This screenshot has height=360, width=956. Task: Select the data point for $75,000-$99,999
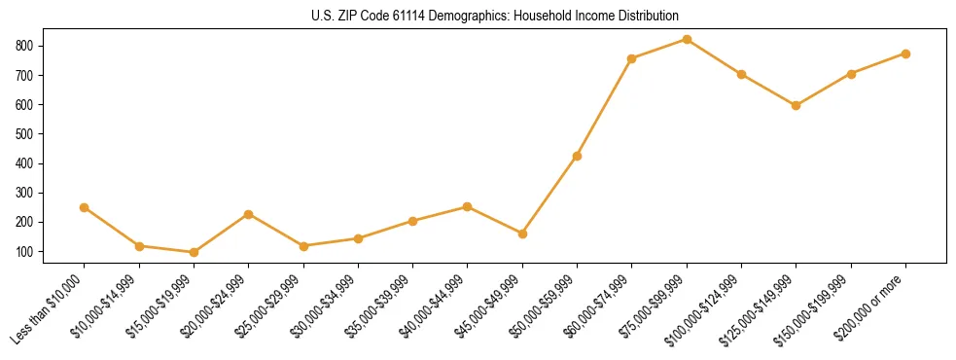click(x=687, y=39)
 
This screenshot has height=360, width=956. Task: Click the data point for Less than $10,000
click(x=84, y=207)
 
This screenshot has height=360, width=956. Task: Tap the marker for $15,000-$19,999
click(x=194, y=252)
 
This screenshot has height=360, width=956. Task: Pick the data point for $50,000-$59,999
click(x=577, y=156)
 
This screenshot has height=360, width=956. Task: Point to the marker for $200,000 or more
click(x=905, y=54)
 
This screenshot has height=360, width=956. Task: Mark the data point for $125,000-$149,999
click(x=797, y=105)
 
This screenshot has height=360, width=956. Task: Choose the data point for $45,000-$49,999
click(x=522, y=234)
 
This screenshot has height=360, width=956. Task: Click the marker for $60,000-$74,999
click(x=632, y=58)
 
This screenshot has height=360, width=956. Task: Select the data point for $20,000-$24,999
click(x=248, y=214)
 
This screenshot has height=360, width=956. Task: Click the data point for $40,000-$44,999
click(x=467, y=206)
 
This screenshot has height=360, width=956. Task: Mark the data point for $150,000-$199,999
click(x=851, y=74)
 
